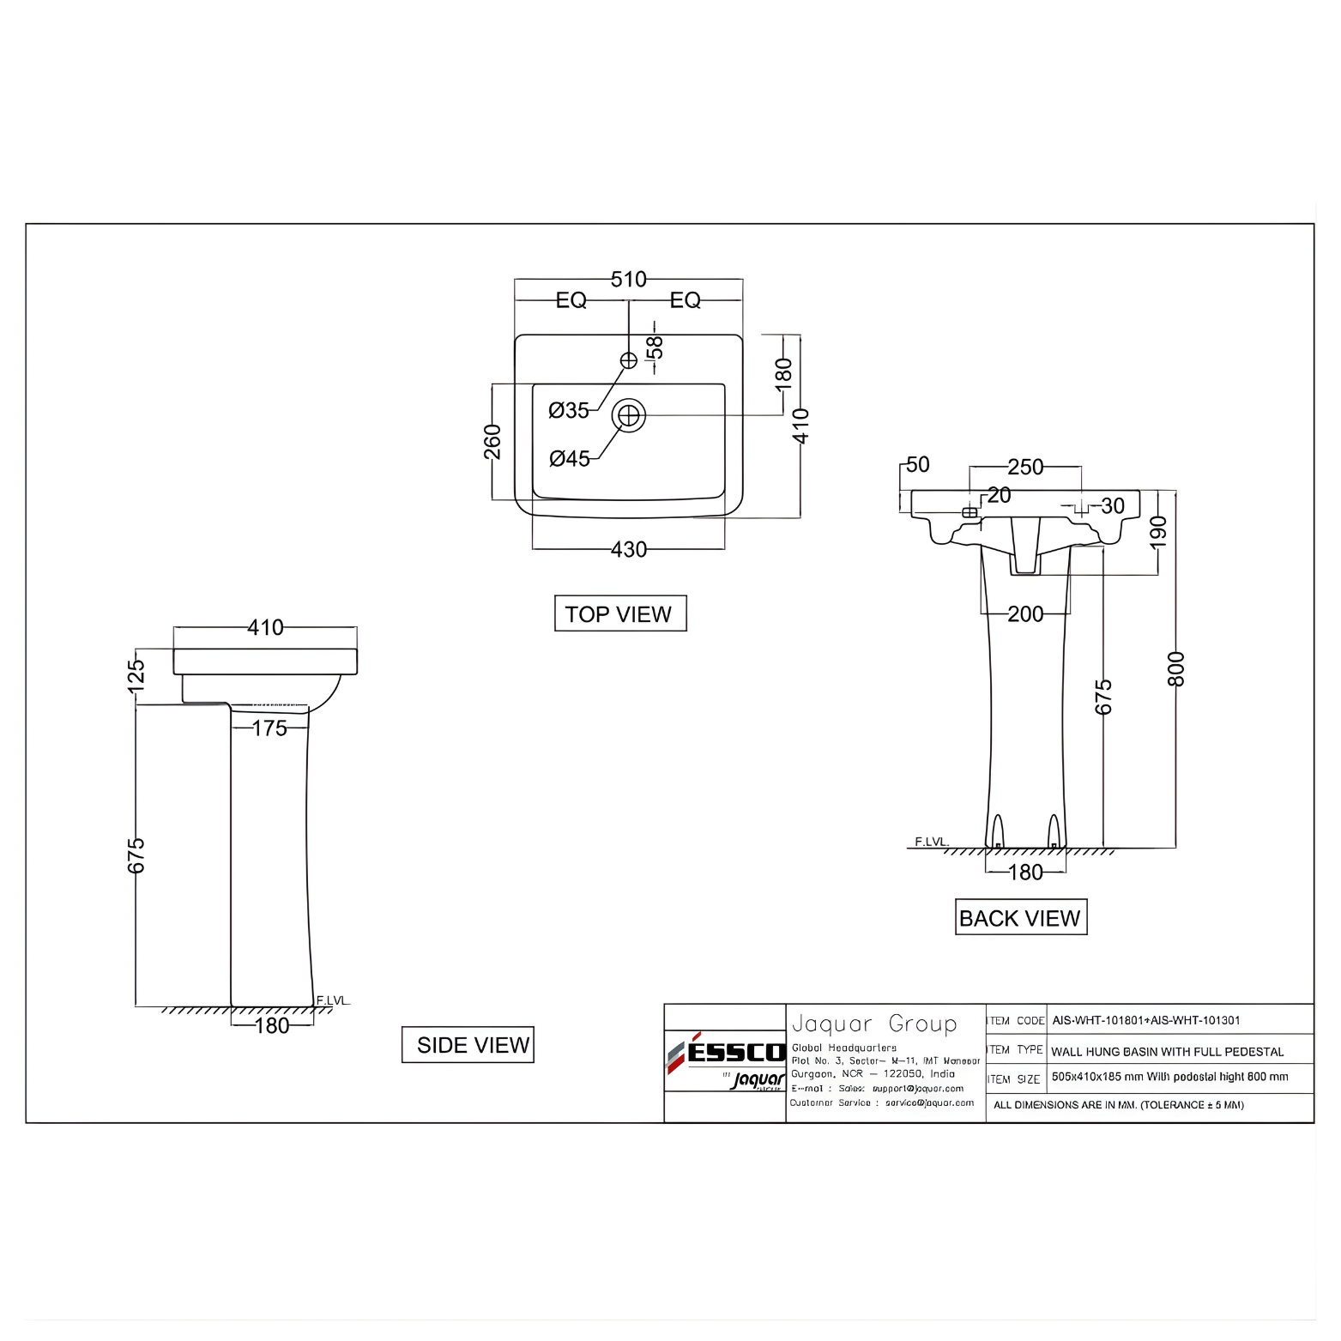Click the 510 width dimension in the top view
pyautogui.click(x=628, y=280)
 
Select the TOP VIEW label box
pyautogui.click(x=620, y=613)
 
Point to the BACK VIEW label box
pyautogui.click(x=1020, y=917)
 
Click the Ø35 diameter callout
pyautogui.click(x=569, y=410)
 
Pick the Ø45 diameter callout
pyautogui.click(x=570, y=458)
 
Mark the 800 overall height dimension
pyautogui.click(x=1175, y=668)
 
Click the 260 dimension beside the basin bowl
pyautogui.click(x=492, y=442)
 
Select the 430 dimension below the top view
pyautogui.click(x=628, y=549)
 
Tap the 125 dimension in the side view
pyautogui.click(x=136, y=675)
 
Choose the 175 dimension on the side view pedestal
pyautogui.click(x=269, y=728)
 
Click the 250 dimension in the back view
pyautogui.click(x=1025, y=467)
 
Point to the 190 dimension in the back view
pyautogui.click(x=1158, y=532)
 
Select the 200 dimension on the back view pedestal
pyautogui.click(x=1025, y=614)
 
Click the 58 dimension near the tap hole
pyautogui.click(x=655, y=347)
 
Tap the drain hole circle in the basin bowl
pyautogui.click(x=629, y=416)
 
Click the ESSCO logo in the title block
pyautogui.click(x=726, y=1053)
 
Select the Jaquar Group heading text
pyautogui.click(x=873, y=1024)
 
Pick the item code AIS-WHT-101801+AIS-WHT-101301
pyautogui.click(x=1145, y=1020)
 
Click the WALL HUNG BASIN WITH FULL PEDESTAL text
pyautogui.click(x=1167, y=1051)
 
